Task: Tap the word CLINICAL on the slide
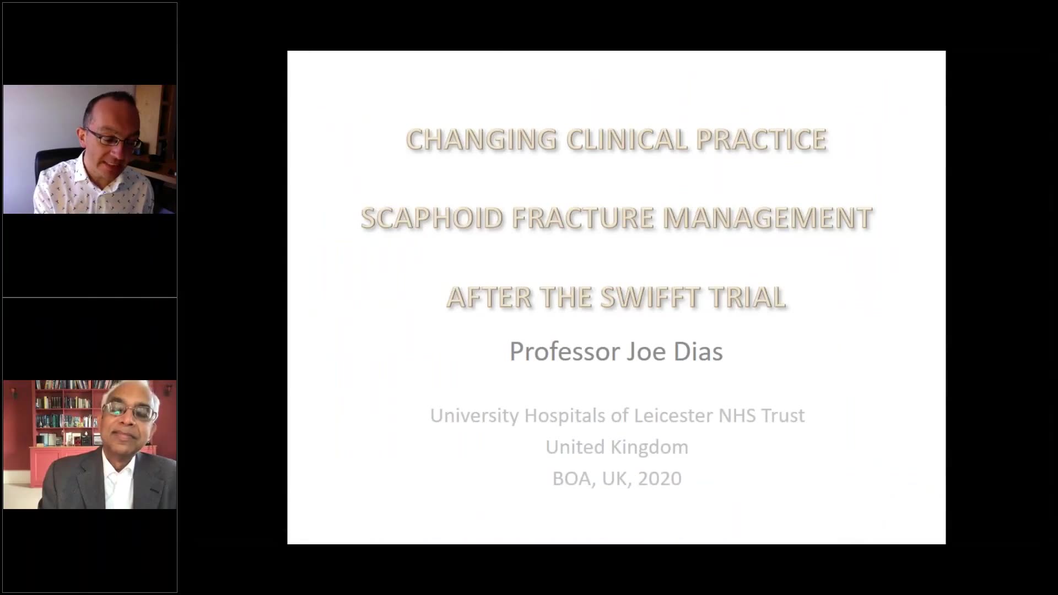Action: click(627, 139)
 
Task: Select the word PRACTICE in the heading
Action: click(762, 139)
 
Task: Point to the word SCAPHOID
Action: click(431, 218)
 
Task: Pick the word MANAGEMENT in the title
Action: click(768, 218)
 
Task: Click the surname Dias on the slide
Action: click(698, 351)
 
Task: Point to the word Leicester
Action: click(674, 415)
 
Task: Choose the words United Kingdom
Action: click(617, 447)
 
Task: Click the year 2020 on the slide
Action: click(660, 478)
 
